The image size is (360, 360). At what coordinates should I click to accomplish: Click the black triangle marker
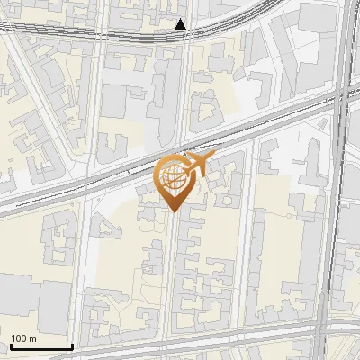click(x=181, y=24)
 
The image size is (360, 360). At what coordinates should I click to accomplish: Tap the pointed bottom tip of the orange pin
click(x=173, y=211)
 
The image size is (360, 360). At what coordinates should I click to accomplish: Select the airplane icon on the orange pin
click(x=196, y=164)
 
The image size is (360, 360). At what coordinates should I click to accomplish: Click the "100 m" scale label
click(x=23, y=337)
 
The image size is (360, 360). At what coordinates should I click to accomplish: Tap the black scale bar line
click(x=40, y=346)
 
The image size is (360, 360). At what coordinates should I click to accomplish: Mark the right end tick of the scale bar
click(x=72, y=345)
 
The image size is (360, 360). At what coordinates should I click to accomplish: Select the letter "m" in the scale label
click(x=32, y=337)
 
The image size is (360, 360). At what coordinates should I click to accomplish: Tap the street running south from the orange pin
click(x=171, y=270)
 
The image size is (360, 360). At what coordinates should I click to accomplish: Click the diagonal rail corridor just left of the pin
click(x=108, y=180)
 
